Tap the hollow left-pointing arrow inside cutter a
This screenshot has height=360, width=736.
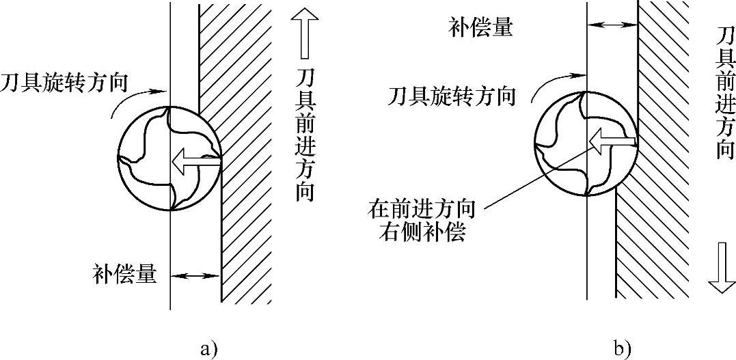click(195, 161)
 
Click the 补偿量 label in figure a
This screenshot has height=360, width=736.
click(124, 276)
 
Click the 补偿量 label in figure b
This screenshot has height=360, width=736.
click(481, 28)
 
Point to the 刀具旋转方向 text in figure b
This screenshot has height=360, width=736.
click(451, 96)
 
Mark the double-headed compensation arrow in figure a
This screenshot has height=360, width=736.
click(195, 276)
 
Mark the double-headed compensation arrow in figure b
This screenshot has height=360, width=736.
click(612, 25)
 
